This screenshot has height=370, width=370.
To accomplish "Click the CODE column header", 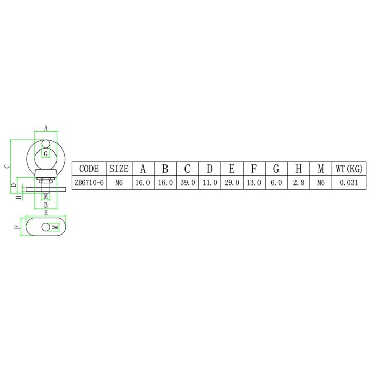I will tap(89, 168).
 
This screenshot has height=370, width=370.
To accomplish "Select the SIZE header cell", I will tap(119, 168).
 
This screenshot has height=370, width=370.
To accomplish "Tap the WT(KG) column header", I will tap(349, 168).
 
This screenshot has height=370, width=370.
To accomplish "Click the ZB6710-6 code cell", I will tap(89, 182).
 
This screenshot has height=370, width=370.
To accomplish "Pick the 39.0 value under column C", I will tap(187, 182).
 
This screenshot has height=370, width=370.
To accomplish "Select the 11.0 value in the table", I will tap(209, 182).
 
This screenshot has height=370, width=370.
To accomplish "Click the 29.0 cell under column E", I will tap(231, 182).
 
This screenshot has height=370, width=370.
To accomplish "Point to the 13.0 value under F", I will tap(253, 182).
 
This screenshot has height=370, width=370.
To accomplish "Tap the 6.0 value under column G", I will tap(276, 182).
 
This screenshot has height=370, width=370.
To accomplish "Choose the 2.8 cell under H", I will tap(298, 182).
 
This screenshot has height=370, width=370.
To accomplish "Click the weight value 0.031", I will tap(349, 182).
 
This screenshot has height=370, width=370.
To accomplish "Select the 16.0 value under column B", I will tap(165, 182).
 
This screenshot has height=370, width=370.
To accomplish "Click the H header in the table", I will tap(298, 168).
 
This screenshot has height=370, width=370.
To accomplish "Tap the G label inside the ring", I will tap(45, 154).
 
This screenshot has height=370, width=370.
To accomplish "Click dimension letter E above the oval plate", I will tap(46, 212).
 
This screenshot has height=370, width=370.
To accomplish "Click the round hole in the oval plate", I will tap(47, 227).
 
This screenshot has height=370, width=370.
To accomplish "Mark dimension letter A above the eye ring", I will tap(45, 127).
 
